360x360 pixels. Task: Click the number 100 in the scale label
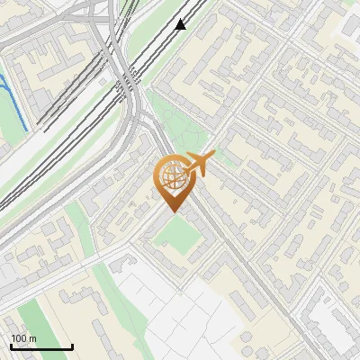[19, 338]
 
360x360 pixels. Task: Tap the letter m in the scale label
[33, 338]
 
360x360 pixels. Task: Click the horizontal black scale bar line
[41, 346]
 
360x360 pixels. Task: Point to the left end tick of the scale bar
[11, 345]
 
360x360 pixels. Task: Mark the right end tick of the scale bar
[72, 345]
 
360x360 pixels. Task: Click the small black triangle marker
[181, 24]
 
